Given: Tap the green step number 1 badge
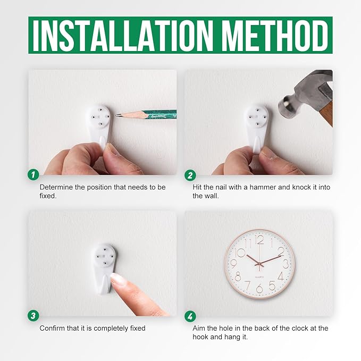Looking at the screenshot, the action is [33, 175].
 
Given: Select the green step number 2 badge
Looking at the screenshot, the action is [190, 175].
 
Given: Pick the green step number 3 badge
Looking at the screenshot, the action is [33, 315].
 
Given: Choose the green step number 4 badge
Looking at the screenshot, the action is [190, 316].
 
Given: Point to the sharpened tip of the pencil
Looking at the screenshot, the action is [116, 115].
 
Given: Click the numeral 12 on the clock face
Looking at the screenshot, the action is [259, 240].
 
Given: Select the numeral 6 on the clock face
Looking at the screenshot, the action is [259, 289].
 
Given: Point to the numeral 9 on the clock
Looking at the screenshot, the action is [233, 264].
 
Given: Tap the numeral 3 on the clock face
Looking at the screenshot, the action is [286, 264].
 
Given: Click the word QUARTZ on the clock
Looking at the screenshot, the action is [259, 277].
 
